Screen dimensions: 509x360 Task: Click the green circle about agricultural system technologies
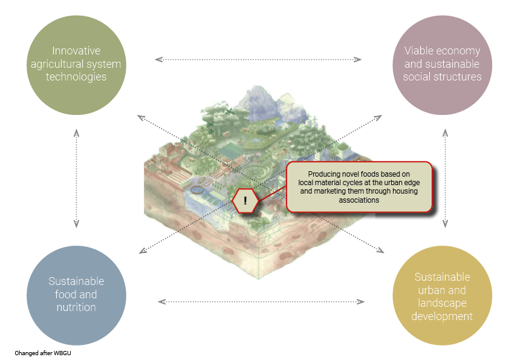click(76, 65)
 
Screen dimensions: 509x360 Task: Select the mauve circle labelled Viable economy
click(442, 65)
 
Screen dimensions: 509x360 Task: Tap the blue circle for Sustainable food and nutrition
click(76, 295)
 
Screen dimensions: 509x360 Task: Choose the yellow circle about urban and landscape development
click(442, 295)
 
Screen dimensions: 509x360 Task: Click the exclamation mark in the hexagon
click(245, 200)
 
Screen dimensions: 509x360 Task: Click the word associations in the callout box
click(359, 200)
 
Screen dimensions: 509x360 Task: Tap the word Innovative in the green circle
click(76, 51)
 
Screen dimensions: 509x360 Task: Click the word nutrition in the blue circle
click(76, 307)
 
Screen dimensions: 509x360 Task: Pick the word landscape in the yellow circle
click(442, 303)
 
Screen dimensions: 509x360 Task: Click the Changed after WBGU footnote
click(43, 353)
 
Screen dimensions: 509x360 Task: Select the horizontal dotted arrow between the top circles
click(258, 59)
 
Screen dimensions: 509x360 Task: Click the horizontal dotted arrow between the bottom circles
click(261, 301)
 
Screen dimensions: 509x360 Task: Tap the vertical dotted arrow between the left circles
click(76, 178)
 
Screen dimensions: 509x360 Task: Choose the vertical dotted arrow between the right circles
click(446, 178)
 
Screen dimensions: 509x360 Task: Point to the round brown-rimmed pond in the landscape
click(196, 190)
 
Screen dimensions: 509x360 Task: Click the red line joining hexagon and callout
click(272, 194)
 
